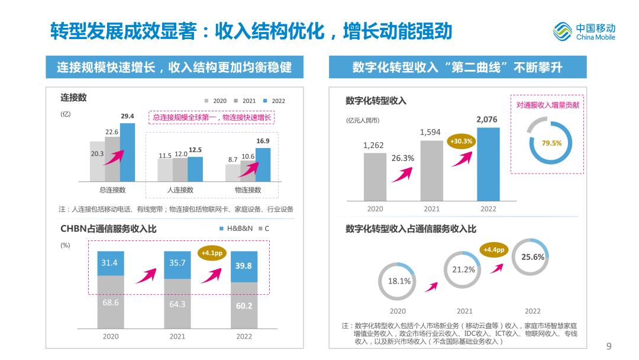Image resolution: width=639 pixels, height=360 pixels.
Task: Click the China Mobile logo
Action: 584,31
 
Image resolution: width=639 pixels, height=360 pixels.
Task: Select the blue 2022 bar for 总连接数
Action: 127,152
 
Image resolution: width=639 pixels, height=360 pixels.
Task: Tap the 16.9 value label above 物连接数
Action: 263,141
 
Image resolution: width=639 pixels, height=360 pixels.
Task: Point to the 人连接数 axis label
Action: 180,190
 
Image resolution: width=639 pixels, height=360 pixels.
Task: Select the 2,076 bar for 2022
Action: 488,164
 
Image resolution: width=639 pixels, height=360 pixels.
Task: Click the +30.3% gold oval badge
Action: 461,142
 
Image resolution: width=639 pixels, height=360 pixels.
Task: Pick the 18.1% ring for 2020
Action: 399,281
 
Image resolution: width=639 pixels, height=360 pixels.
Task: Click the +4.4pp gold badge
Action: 493,250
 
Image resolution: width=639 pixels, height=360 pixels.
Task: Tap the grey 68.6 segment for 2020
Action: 111,302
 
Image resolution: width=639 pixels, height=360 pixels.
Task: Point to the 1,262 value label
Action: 373,145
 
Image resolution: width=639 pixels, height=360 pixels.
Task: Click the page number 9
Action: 609,346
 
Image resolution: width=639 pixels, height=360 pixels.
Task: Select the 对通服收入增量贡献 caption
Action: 547,105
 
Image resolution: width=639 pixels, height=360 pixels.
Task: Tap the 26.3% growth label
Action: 403,158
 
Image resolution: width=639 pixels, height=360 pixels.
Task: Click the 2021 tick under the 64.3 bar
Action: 177,336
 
